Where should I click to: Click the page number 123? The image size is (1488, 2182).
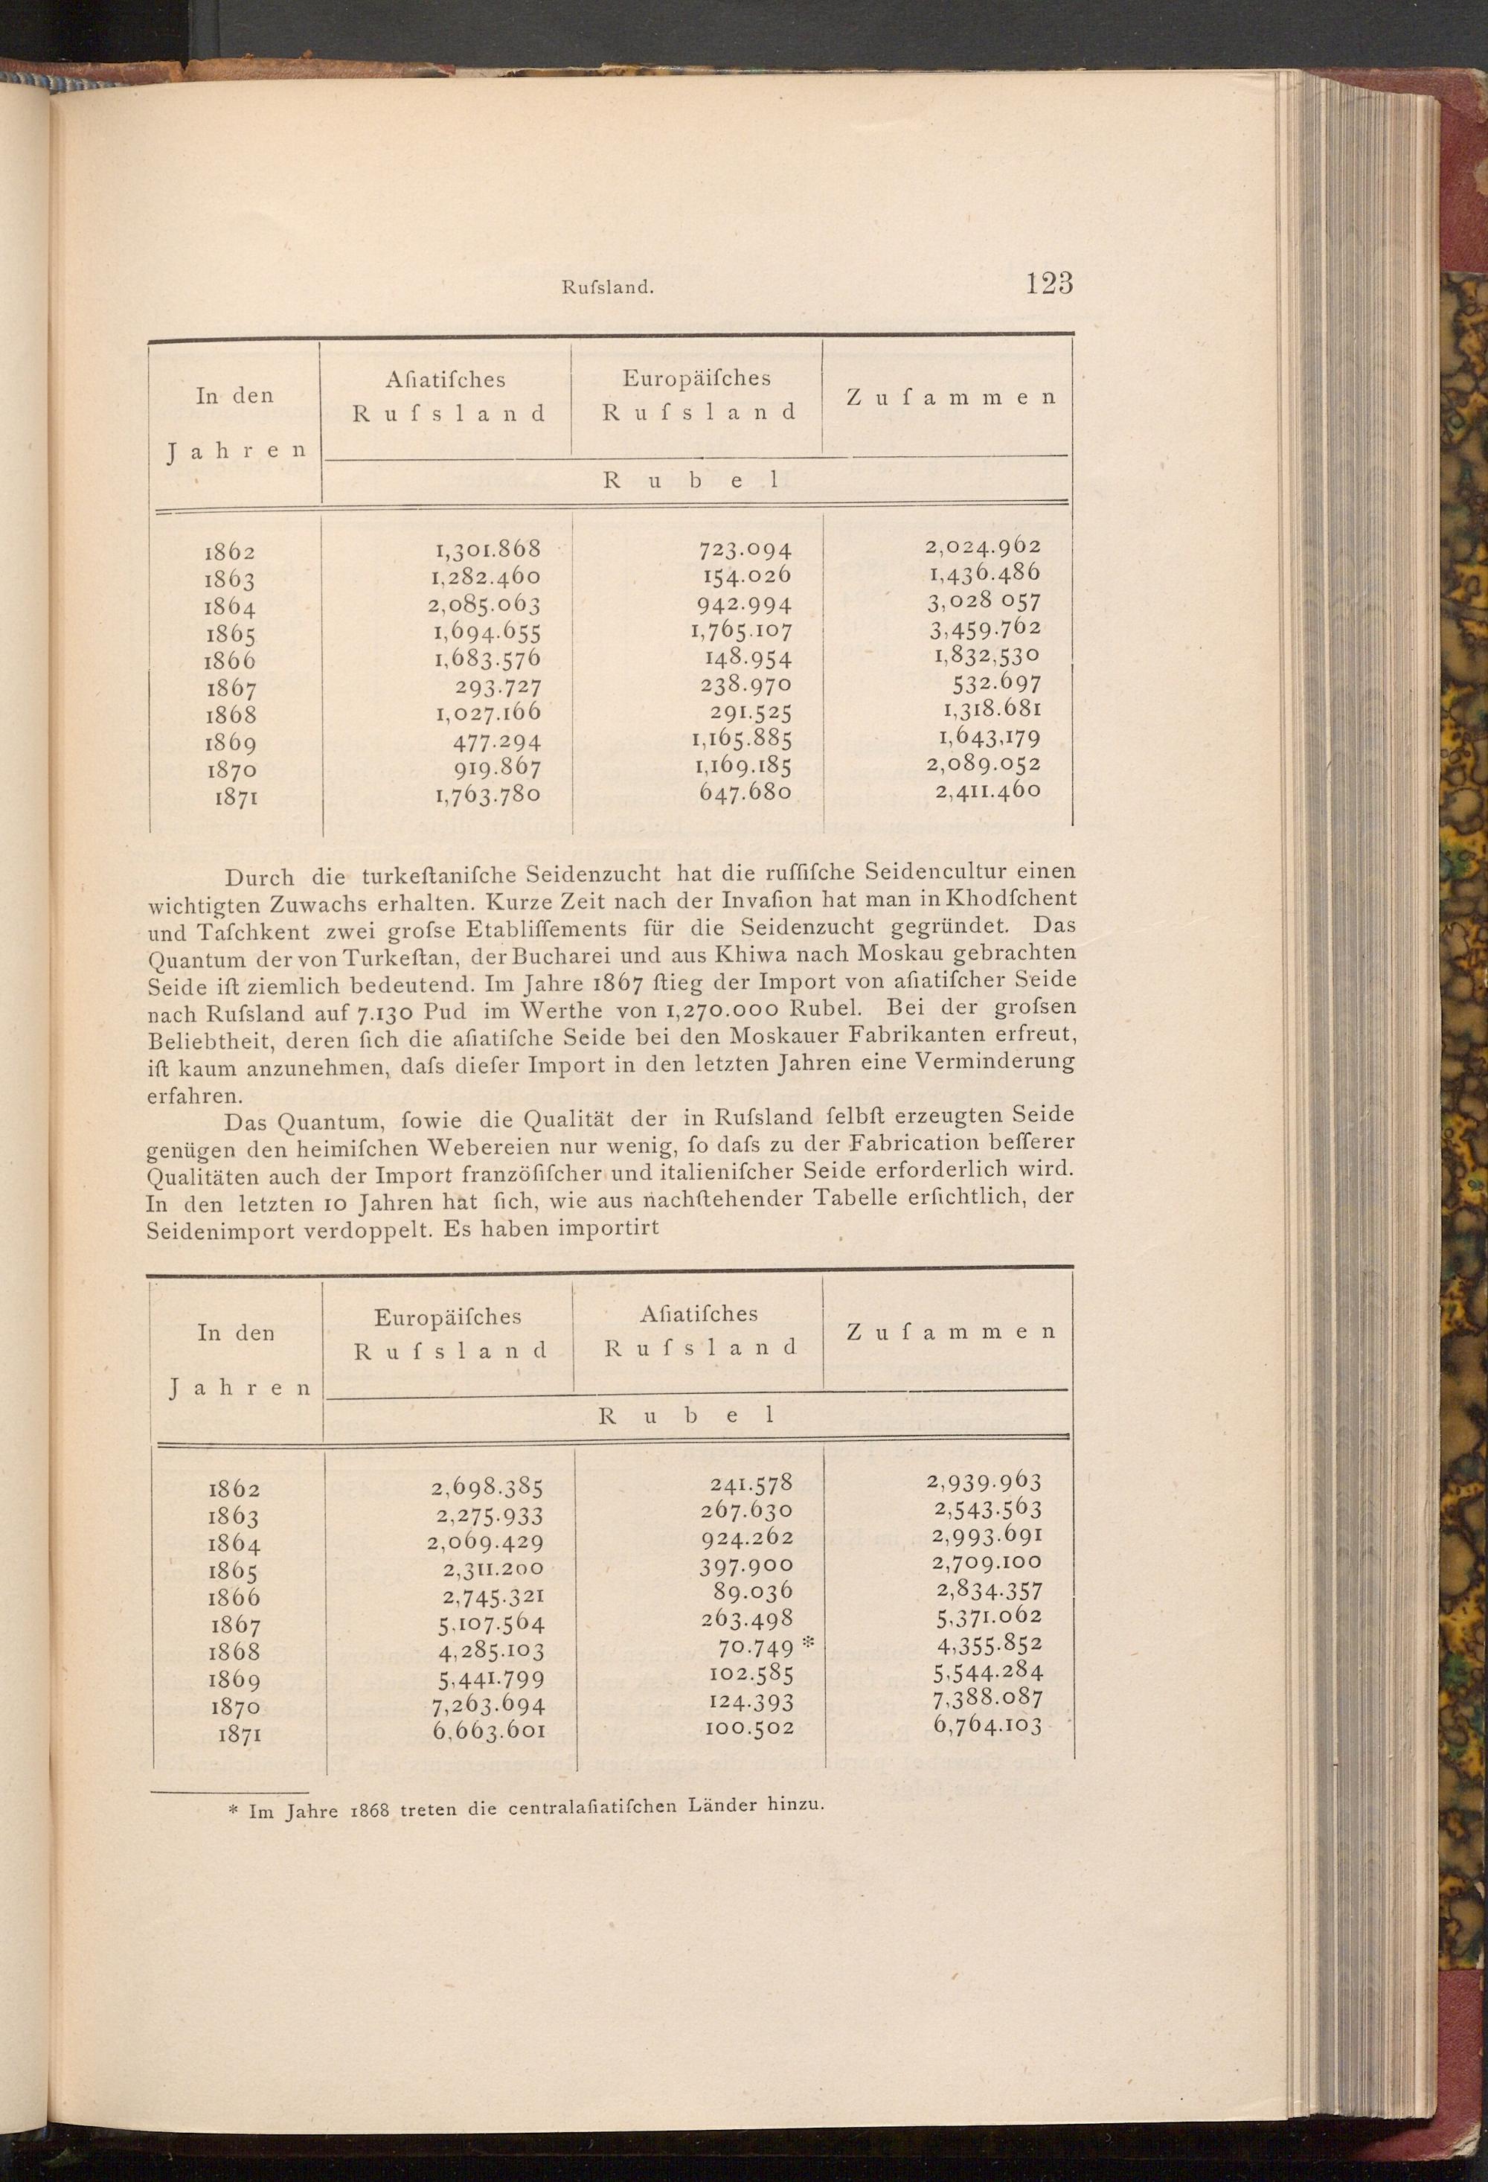point(1050,283)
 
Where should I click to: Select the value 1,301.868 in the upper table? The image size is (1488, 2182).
point(488,548)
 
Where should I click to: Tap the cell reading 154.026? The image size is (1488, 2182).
point(747,575)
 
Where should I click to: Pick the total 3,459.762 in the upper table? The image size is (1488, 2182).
point(986,629)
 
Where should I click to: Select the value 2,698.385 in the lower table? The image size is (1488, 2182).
point(488,1487)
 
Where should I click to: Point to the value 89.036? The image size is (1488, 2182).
point(759,1590)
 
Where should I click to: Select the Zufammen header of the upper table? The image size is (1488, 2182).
point(951,397)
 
